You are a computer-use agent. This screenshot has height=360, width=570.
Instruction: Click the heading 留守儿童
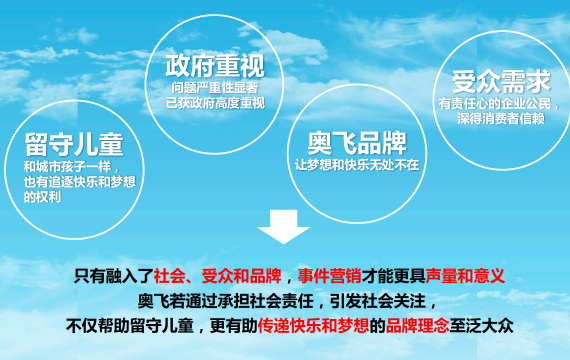[74, 144]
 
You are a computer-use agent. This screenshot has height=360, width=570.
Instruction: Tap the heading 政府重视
[215, 66]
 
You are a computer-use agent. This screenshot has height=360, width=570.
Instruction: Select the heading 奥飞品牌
[357, 143]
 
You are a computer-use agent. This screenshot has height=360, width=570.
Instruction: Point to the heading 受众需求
[501, 82]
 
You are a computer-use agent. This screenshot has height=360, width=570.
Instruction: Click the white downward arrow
[284, 226]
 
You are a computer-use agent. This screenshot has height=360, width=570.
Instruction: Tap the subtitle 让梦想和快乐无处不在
[357, 165]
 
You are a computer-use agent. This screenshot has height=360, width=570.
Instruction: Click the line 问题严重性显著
[215, 88]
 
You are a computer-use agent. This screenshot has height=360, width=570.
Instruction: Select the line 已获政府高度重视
[215, 103]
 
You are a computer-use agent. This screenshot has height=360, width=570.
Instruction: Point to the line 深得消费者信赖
[501, 119]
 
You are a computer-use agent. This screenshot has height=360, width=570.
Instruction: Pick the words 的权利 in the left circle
[43, 197]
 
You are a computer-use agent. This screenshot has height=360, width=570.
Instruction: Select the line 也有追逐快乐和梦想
[80, 182]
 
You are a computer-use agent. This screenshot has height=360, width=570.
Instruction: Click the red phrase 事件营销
[329, 276]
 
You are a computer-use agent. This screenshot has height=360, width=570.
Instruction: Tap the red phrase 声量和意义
[465, 276]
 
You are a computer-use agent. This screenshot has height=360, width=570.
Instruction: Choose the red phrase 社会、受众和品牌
[217, 276]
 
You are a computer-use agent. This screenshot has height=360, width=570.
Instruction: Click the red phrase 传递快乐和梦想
[313, 325]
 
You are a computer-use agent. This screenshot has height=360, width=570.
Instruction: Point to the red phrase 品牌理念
[417, 325]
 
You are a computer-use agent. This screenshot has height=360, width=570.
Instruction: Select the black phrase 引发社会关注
[378, 301]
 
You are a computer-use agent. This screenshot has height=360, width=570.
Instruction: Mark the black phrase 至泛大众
[481, 325]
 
